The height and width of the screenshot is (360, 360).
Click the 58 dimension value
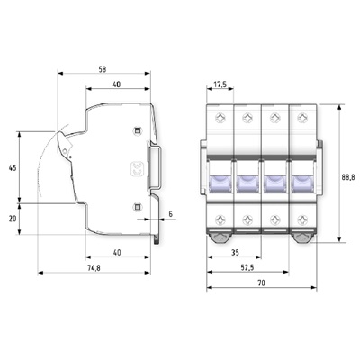tap(103, 69)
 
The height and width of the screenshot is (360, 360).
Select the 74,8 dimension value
tap(94, 268)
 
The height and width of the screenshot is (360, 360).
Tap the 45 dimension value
tap(13, 168)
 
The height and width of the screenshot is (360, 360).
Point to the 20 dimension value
tap(13, 219)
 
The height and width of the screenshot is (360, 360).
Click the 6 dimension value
tap(171, 214)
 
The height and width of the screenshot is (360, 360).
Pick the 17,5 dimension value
tap(220, 85)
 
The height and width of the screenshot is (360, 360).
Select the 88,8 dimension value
tap(348, 177)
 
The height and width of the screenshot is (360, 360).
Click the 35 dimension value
tap(236, 253)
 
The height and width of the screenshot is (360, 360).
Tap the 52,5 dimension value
tap(247, 267)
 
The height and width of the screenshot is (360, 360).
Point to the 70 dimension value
tap(262, 283)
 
